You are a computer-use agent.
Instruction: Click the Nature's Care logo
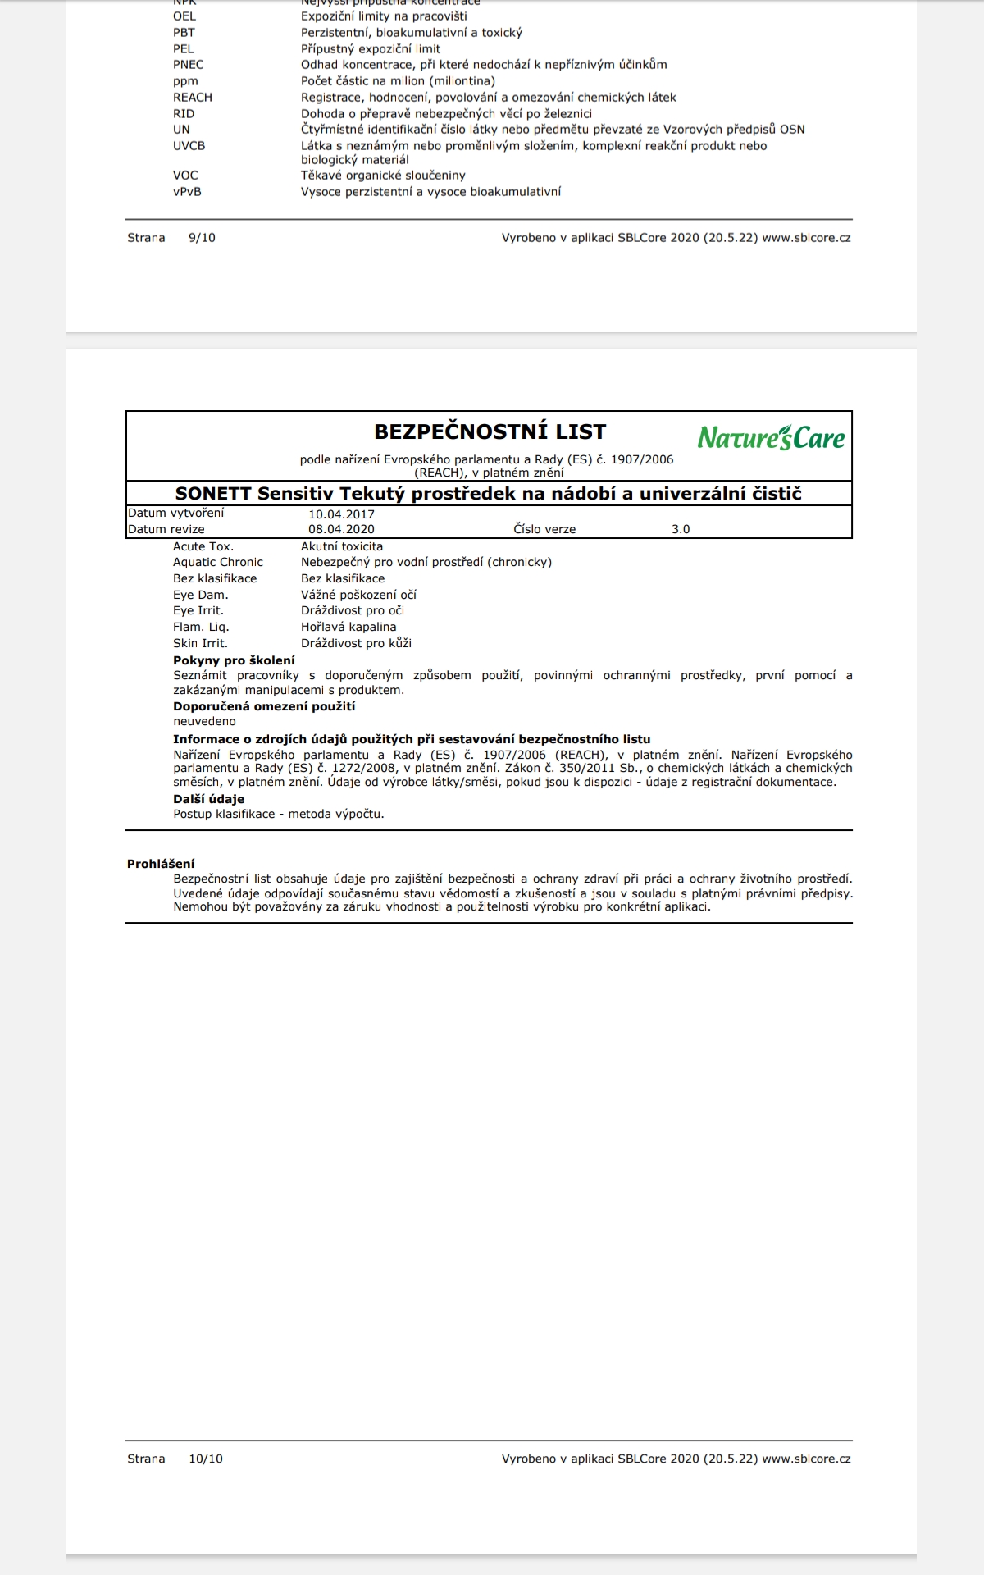pyautogui.click(x=771, y=437)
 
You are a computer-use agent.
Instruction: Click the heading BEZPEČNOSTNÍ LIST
pyautogui.click(x=490, y=431)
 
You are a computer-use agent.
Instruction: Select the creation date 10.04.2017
pyautogui.click(x=341, y=514)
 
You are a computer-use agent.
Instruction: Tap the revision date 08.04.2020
pyautogui.click(x=341, y=529)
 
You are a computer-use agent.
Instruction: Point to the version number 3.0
pyautogui.click(x=681, y=529)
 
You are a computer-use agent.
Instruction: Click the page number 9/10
pyautogui.click(x=202, y=238)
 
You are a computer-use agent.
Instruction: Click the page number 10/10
pyautogui.click(x=205, y=1459)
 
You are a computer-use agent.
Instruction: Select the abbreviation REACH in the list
pyautogui.click(x=192, y=98)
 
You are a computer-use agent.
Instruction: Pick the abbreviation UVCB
pyautogui.click(x=189, y=146)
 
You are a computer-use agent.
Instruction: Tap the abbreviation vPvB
pyautogui.click(x=187, y=192)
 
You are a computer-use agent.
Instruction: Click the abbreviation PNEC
pyautogui.click(x=188, y=65)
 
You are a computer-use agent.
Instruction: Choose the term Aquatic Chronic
pyautogui.click(x=217, y=562)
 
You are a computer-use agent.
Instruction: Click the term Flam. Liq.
pyautogui.click(x=201, y=627)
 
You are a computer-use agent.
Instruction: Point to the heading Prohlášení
pyautogui.click(x=161, y=863)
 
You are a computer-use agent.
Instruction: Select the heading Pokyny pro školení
pyautogui.click(x=234, y=660)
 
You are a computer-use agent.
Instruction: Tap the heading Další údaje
pyautogui.click(x=208, y=799)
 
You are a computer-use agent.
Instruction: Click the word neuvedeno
pyautogui.click(x=204, y=721)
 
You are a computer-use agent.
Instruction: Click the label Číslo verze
pyautogui.click(x=544, y=529)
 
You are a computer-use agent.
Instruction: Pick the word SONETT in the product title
pyautogui.click(x=213, y=494)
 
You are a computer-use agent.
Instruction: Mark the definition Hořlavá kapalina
pyautogui.click(x=348, y=627)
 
